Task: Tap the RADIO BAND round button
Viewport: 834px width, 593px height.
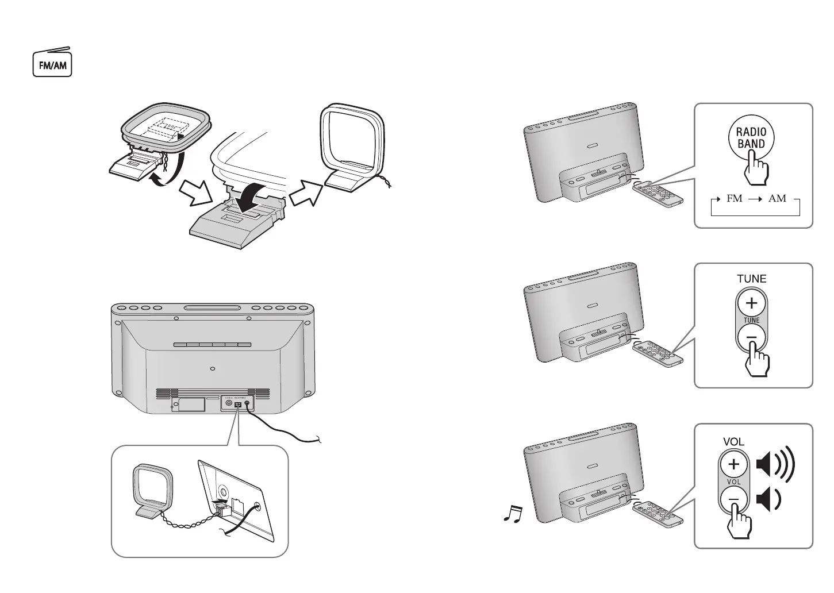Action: click(x=751, y=137)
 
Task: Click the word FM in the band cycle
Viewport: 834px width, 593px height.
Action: click(x=735, y=198)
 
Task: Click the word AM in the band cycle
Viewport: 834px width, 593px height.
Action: click(x=777, y=198)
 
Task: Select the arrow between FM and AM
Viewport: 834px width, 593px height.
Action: click(x=755, y=199)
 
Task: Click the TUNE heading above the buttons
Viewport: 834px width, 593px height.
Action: click(x=751, y=279)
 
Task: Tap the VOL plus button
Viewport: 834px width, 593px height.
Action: click(x=734, y=464)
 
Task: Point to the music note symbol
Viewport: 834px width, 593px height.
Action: click(x=513, y=513)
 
